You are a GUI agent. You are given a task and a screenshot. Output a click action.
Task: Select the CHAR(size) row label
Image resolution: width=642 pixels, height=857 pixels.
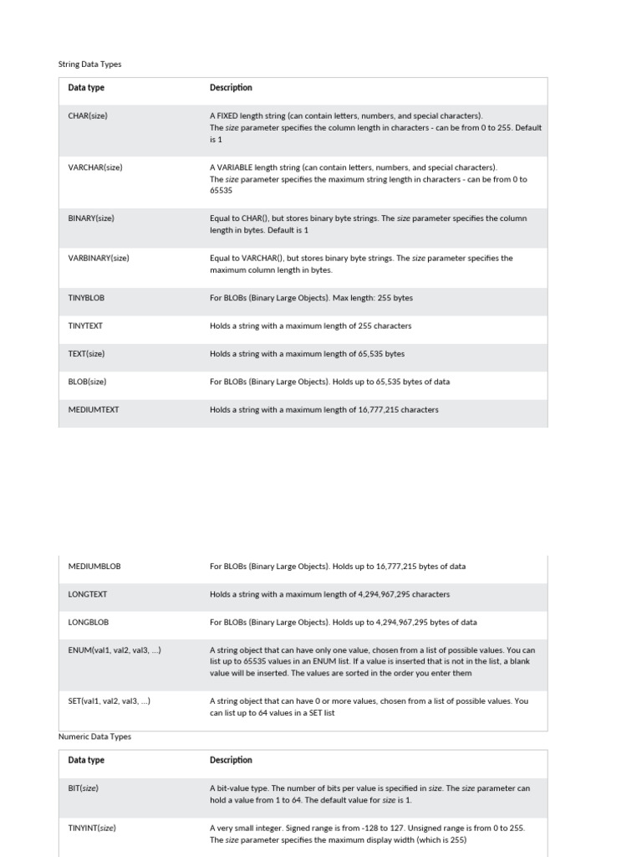pos(88,116)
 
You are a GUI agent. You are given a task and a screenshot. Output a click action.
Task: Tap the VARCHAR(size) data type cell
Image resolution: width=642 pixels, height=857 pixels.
pos(95,167)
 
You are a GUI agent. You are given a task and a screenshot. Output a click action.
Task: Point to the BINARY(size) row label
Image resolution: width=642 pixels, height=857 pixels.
pos(91,218)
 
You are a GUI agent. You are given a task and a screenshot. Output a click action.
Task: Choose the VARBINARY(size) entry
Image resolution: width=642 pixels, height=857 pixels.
pos(99,259)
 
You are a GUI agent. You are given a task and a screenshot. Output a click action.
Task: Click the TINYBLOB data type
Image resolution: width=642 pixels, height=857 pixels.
pos(86,298)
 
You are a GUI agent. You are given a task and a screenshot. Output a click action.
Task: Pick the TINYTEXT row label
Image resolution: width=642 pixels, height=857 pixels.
pos(85,326)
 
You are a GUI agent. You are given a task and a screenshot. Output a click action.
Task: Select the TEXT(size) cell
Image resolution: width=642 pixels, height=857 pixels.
pos(87,354)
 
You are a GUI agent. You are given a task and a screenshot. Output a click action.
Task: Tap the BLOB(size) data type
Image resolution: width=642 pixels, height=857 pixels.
pos(87,382)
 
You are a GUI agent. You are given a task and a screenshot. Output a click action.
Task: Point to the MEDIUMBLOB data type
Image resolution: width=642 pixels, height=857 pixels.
pos(94,567)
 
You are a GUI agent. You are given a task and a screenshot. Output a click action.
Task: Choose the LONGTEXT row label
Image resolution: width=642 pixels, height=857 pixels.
pos(88,594)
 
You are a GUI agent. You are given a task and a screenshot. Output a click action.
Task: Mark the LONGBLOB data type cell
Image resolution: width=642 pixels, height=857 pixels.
pos(89,623)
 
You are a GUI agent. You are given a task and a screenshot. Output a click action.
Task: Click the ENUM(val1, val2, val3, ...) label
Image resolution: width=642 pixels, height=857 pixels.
pos(115,650)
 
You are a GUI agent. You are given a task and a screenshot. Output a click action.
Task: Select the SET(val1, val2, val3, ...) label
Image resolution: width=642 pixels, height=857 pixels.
pos(110,701)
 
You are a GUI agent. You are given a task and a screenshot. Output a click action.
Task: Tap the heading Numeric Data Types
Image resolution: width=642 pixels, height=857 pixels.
pos(94,737)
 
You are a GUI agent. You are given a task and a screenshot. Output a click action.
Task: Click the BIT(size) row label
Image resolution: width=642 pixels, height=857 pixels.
pos(84,788)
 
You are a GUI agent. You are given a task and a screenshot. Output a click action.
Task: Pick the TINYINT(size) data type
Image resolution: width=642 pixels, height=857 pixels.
pos(92,829)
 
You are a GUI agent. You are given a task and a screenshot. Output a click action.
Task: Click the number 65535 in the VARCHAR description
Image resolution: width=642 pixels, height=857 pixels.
pos(221,191)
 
